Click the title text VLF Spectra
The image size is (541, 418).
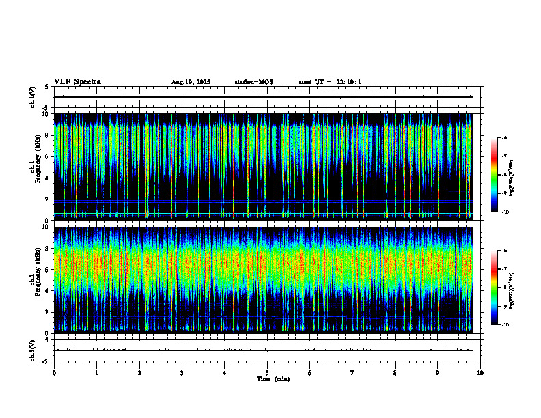(77, 82)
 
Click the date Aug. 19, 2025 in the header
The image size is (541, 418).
(191, 82)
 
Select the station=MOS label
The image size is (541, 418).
(253, 82)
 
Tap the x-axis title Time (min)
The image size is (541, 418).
(273, 378)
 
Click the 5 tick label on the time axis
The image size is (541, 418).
(267, 373)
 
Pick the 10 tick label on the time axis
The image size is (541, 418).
(480, 373)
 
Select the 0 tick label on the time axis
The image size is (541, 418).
(54, 373)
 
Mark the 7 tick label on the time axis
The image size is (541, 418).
(352, 373)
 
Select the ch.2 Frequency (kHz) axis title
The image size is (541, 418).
(33, 279)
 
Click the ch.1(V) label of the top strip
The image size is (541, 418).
(33, 97)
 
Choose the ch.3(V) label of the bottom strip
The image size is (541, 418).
(33, 350)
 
